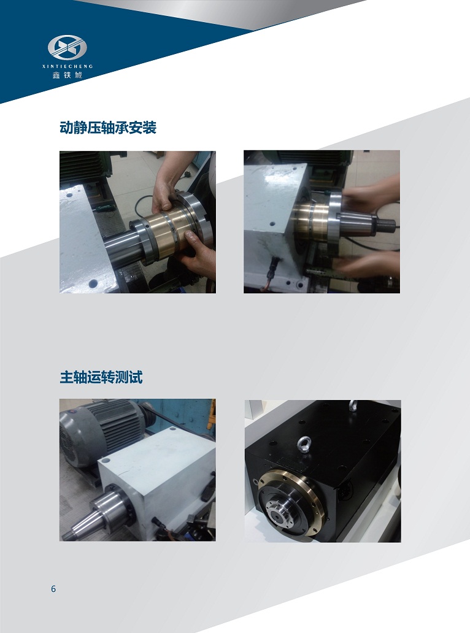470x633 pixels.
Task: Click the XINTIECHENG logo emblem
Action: pos(67,47)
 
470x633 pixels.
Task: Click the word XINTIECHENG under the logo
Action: pos(67,66)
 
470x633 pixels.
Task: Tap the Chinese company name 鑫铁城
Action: pos(67,75)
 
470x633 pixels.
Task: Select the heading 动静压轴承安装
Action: pos(108,127)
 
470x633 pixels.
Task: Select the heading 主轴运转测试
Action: pos(101,377)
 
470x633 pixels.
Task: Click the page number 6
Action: pos(53,589)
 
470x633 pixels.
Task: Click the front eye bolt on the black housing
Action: pos(304,444)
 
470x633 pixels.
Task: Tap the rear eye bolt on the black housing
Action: pos(353,405)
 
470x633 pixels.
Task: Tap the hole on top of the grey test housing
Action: pos(106,460)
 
